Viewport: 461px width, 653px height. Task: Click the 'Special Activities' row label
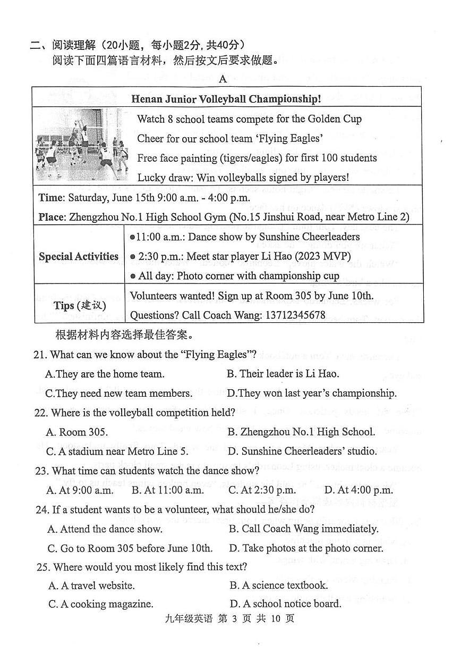(x=79, y=256)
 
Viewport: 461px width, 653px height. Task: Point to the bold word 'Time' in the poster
(x=50, y=197)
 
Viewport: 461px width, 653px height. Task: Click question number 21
(x=40, y=354)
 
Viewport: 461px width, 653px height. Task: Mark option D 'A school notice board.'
(x=286, y=604)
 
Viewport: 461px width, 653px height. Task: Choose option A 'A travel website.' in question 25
(x=91, y=585)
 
